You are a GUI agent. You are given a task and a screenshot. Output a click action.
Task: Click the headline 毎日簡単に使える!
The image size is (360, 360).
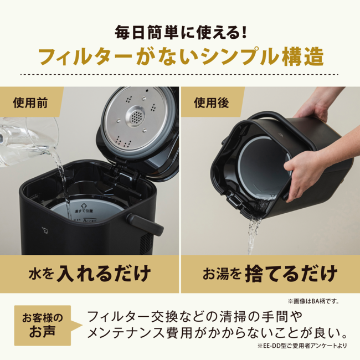179,32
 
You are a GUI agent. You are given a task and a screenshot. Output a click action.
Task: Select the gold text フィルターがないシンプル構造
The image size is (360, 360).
179,57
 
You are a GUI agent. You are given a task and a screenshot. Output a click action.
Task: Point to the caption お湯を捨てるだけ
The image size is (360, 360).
269,273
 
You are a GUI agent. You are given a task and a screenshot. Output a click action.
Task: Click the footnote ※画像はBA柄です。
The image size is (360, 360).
313,301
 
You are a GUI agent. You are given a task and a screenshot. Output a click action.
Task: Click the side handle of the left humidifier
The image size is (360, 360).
148,224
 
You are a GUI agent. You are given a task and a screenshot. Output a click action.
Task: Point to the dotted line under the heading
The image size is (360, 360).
179,74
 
